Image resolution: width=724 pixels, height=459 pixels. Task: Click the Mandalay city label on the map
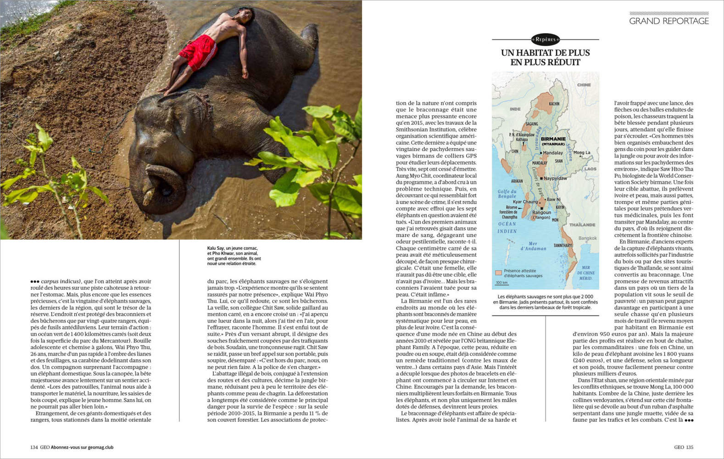point(552,153)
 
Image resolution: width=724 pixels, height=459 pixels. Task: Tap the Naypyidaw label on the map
point(555,178)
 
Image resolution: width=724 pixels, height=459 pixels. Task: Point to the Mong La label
point(582,152)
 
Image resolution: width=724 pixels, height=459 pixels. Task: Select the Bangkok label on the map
point(587,238)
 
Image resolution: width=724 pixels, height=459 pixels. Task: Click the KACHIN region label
point(554,104)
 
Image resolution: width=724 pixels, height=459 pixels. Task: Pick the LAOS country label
point(590,169)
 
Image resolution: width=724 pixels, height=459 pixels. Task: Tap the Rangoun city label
point(541,213)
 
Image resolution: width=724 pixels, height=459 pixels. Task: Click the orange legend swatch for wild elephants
point(498,273)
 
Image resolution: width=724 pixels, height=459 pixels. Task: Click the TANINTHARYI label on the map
point(562,246)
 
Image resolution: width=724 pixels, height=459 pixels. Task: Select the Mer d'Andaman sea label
point(533,246)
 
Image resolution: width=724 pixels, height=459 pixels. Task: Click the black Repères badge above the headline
point(545,39)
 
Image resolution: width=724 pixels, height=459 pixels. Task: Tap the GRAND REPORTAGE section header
point(668,21)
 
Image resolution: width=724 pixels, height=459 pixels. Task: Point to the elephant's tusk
point(148,198)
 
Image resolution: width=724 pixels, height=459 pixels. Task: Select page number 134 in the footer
point(34,447)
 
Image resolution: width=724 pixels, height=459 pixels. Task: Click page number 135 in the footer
point(690,447)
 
